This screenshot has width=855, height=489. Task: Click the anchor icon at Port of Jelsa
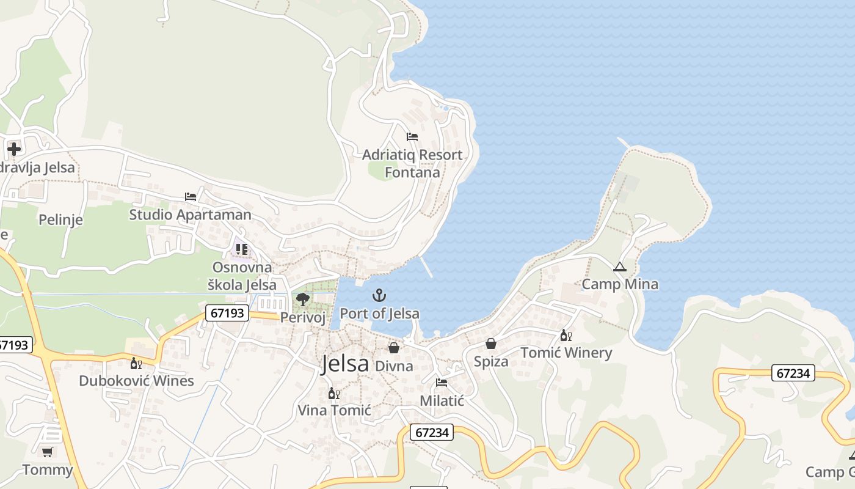[380, 295]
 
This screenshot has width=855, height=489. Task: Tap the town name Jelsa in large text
[345, 364]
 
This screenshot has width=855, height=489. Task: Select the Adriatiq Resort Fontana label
[412, 164]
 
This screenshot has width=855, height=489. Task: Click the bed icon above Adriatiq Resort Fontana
[412, 136]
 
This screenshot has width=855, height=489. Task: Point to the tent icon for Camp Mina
[620, 267]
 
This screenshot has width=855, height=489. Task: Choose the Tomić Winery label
[566, 353]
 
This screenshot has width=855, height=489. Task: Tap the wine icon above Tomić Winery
[566, 335]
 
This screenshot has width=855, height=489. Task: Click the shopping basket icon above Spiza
[491, 344]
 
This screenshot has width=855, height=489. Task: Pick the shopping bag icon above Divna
[394, 348]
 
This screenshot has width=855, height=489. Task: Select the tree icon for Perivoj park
[302, 299]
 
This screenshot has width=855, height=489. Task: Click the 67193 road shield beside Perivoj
[227, 313]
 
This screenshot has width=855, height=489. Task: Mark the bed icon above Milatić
[442, 383]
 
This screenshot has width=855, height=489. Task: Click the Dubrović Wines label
[136, 381]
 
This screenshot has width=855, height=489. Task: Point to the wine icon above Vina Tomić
[334, 393]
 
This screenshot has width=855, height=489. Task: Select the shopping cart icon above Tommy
[47, 452]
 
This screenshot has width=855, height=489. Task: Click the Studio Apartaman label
[190, 215]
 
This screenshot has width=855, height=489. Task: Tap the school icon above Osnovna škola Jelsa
[242, 249]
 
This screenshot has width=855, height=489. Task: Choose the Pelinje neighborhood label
[60, 219]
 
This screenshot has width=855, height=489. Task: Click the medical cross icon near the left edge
[14, 149]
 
